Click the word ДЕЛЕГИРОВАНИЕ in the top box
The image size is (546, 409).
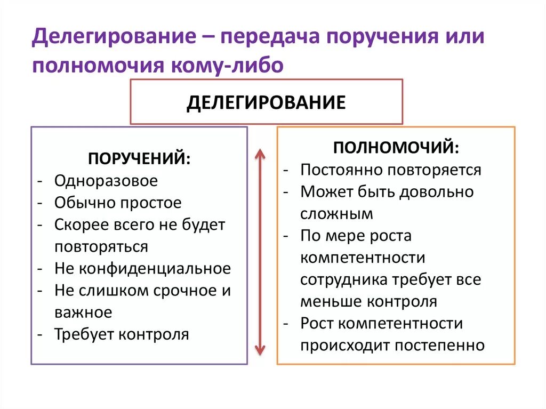pyautogui.click(x=266, y=102)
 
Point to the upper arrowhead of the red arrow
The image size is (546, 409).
pyautogui.click(x=260, y=155)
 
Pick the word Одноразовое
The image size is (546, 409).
pyautogui.click(x=106, y=181)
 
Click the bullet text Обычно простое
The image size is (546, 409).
pyautogui.click(x=118, y=203)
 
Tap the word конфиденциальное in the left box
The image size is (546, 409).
pyautogui.click(x=155, y=268)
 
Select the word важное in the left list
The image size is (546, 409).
pyautogui.click(x=83, y=312)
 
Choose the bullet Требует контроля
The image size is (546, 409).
pyautogui.click(x=122, y=334)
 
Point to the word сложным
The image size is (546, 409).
pyautogui.click(x=336, y=214)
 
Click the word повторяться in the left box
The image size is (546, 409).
pyautogui.click(x=101, y=247)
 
